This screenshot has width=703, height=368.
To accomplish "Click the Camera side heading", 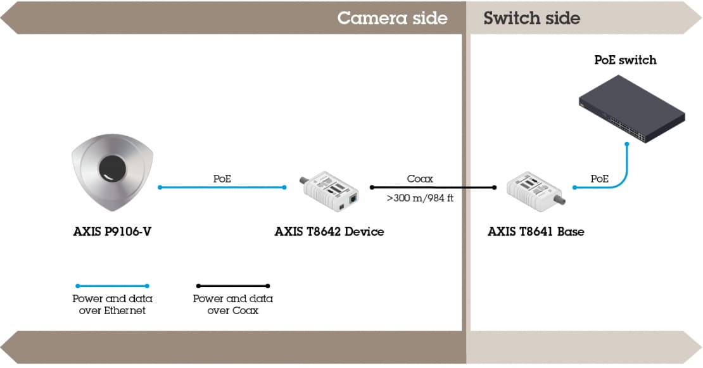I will pos(392,18).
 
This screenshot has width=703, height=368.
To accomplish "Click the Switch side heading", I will pos(531,18).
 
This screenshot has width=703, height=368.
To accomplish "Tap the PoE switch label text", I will pos(625,60).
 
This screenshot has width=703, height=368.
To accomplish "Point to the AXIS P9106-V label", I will pos(112,232).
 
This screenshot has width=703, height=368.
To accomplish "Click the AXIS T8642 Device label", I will pos(329,232).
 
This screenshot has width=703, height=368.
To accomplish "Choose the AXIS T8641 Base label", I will pos(536,232).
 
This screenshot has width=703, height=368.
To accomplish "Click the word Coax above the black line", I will pos(420,179).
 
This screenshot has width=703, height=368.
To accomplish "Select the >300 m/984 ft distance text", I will pos(419,198).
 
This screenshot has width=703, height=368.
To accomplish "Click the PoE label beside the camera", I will pos(222,179).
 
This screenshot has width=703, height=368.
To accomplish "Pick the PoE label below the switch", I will pos(599,179).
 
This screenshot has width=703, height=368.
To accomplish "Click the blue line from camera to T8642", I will pos(222,187).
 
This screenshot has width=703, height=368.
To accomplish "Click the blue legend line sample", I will pos(112,286).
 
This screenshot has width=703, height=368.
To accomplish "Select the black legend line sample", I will pos(232,286).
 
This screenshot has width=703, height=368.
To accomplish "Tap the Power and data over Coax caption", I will pos(232,305).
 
